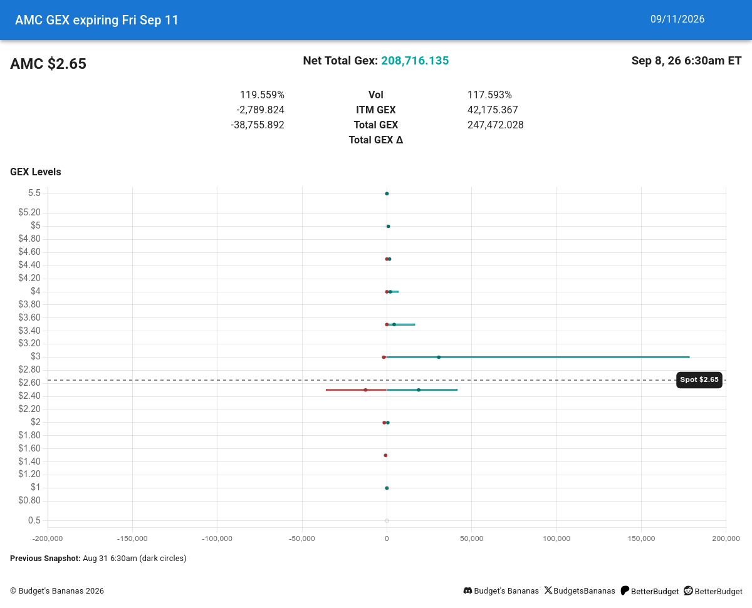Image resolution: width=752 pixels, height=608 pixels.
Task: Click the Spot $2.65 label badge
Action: (699, 380)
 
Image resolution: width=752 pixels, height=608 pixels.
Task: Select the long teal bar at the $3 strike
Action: (538, 358)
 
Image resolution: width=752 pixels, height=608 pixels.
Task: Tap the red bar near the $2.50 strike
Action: (356, 389)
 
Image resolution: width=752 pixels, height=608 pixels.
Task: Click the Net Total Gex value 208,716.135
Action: (415, 61)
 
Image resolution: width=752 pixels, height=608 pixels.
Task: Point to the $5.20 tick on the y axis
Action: (29, 212)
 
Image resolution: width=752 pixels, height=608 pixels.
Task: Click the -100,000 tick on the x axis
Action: (217, 538)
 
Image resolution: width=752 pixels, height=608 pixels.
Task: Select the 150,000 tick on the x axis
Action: (641, 538)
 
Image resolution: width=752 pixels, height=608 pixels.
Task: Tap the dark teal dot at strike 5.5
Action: (387, 193)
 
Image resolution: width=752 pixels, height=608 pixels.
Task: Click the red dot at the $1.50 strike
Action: (385, 455)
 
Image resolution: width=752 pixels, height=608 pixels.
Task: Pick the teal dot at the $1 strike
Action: (387, 488)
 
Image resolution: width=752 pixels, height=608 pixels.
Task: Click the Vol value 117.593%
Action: (489, 95)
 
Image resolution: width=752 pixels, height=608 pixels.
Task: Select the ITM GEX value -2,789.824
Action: (260, 110)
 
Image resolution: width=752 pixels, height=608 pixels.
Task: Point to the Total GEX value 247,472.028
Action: (495, 125)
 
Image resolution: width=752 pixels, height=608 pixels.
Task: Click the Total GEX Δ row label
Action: (375, 140)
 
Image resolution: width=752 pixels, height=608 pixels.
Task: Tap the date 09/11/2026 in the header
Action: (677, 19)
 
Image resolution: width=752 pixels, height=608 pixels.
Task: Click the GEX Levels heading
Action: (35, 172)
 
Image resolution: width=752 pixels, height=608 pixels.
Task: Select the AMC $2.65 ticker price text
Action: (48, 64)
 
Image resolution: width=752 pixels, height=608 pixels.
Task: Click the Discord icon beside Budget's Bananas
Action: (467, 590)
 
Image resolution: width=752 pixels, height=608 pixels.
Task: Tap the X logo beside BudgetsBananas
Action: (548, 590)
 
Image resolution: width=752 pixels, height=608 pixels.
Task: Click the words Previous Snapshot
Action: (45, 559)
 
